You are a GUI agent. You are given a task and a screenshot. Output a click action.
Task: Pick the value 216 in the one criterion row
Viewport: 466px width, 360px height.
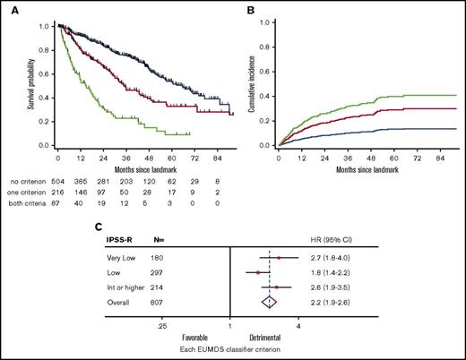(61, 191)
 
